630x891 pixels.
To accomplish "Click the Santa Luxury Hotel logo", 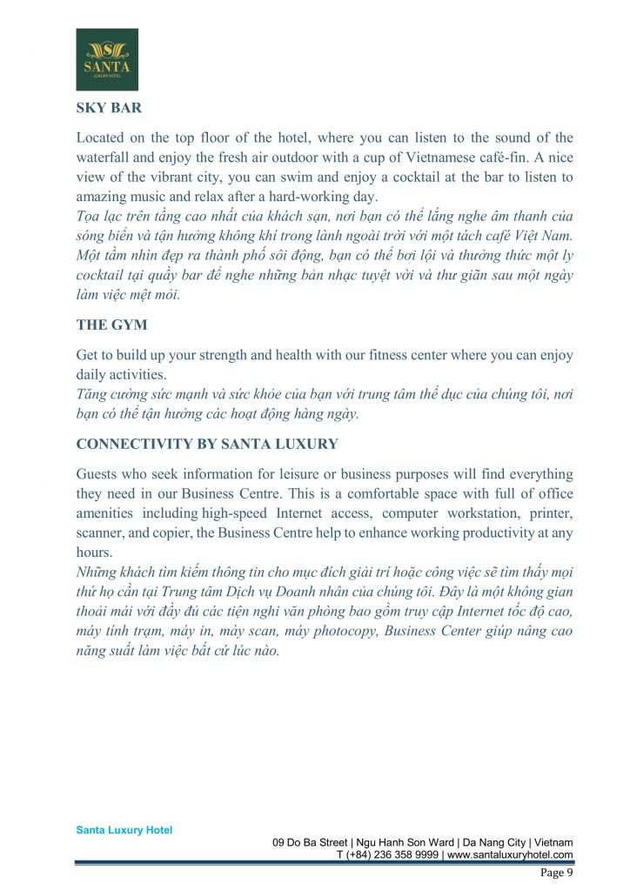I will click(107, 59).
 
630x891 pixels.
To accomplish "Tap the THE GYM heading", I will click(113, 325).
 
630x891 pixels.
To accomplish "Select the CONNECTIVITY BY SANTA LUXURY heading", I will click(207, 444).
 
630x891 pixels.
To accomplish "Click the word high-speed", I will click(236, 513).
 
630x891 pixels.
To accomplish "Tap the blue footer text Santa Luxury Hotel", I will click(124, 830).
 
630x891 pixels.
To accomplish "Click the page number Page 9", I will click(556, 873).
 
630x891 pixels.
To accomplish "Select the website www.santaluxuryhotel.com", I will click(510, 855).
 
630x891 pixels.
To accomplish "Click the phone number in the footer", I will click(388, 855).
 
